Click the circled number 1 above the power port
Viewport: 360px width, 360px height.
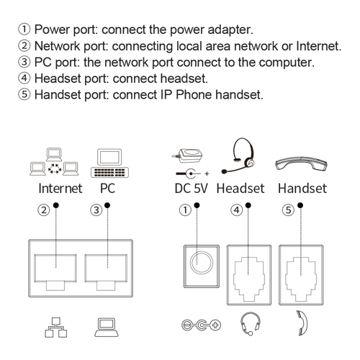186,210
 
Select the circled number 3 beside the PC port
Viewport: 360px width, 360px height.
96,210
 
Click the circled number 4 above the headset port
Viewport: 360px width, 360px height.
236,210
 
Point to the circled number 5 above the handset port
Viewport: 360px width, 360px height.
288,210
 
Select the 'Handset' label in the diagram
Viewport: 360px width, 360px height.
302,189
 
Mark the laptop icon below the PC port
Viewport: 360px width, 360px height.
106,326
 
